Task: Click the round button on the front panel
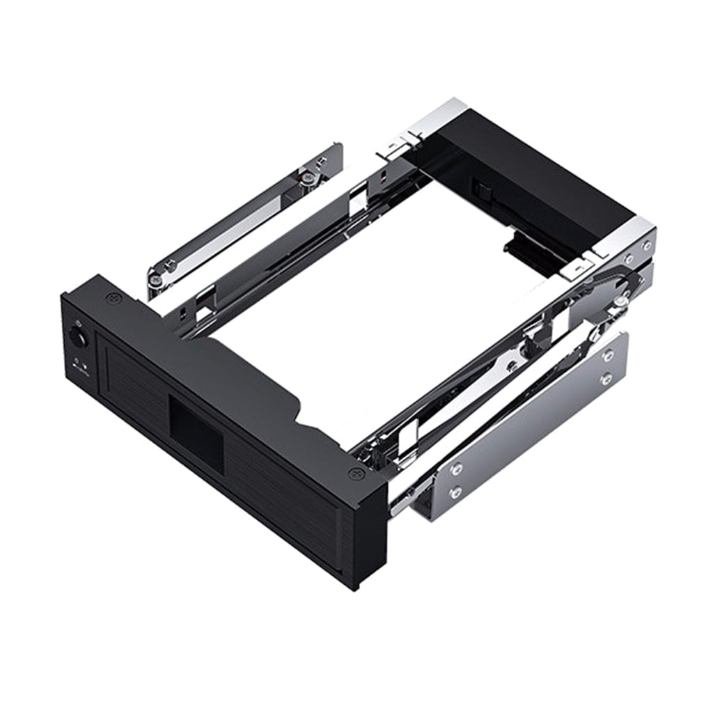coord(77,339)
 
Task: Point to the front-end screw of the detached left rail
coord(158,279)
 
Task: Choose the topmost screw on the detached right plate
coord(608,356)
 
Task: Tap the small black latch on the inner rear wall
coord(479,189)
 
